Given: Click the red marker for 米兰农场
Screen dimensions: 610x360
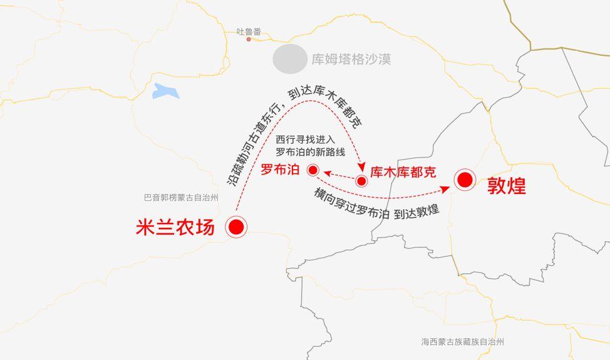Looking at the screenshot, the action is tap(236, 227).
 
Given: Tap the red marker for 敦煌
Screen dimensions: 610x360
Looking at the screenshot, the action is tap(465, 180).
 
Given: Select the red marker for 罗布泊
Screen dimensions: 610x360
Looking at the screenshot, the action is tap(313, 170).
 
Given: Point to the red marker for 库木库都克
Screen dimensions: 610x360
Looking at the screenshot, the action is tap(361, 182).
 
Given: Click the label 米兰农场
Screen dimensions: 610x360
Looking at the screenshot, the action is tap(175, 227).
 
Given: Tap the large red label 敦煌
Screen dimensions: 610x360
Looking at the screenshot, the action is tap(506, 186).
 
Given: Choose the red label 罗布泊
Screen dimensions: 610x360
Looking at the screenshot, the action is tap(280, 169).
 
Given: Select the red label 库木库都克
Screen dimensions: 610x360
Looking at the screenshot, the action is tap(403, 172).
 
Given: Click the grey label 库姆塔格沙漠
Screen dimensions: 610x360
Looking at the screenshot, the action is tap(351, 60).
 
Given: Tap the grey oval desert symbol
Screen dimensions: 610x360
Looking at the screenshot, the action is tap(290, 58).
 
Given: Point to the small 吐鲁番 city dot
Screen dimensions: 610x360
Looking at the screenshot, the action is tap(249, 39).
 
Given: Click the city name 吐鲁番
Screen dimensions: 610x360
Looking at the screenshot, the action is tap(249, 31).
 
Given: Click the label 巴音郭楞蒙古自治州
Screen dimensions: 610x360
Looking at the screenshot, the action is tap(181, 198).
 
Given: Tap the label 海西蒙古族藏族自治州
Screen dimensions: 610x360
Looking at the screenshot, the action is tap(462, 342).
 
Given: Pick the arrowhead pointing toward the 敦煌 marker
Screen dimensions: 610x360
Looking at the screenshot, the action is tap(446, 188).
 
